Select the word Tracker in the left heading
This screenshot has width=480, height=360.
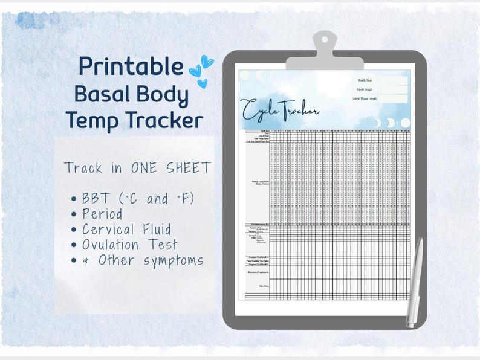tap(165, 120)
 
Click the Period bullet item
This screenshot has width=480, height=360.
tap(103, 214)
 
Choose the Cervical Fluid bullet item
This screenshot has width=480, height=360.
tap(127, 230)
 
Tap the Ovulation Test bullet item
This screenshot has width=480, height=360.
tap(130, 245)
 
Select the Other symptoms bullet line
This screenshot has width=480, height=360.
tap(143, 261)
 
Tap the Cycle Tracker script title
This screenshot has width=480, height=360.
tap(280, 110)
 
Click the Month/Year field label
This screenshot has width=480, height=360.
tap(365, 80)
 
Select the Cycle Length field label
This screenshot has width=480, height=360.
tap(365, 89)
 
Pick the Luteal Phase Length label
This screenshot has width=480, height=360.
tap(365, 98)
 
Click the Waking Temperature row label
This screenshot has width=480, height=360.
tap(259, 181)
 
